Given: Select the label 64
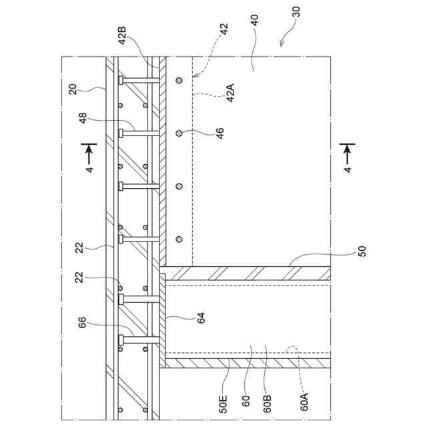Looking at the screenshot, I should tap(201, 318).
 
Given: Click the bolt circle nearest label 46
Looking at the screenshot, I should tap(179, 133).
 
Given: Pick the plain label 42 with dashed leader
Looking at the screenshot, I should tap(224, 29).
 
